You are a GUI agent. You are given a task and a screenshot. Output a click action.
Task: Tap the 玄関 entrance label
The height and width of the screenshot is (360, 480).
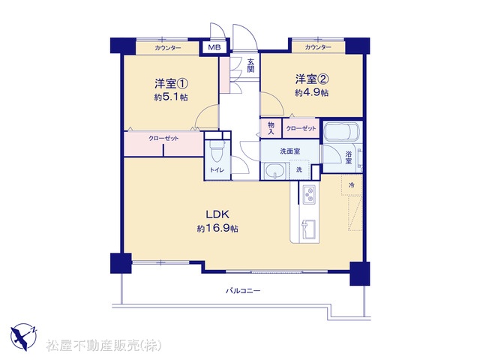pos(250,65)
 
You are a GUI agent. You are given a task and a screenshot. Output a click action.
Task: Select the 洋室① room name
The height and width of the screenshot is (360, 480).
pos(171,83)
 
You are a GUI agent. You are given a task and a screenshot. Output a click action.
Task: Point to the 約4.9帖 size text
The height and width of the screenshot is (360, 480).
pos(312,92)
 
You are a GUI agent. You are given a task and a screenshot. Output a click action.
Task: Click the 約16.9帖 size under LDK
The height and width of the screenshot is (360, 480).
pos(217,228)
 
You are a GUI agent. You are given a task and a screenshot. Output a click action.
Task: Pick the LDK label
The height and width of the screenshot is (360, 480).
pos(217,214)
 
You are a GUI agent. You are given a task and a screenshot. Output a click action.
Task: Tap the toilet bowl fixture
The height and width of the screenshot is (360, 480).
pos(217,151)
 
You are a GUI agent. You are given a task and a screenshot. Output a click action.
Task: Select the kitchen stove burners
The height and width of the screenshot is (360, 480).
pos(310,194)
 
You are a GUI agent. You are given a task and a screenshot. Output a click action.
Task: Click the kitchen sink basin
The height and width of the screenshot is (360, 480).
pos(308,229)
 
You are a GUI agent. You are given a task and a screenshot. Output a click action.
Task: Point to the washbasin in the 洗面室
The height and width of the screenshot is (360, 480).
pos(274,171)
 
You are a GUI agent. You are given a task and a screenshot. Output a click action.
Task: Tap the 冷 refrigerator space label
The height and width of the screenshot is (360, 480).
pos(352,185)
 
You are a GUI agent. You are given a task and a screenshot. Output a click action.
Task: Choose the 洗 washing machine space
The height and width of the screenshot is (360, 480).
pos(299,169)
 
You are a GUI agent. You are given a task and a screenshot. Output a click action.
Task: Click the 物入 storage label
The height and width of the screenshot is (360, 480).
pos(271,128)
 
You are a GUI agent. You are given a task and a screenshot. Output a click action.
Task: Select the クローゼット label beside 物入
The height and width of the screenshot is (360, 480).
pos(301,128)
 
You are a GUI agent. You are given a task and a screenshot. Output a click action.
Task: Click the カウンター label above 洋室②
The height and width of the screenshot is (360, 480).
pos(318,47)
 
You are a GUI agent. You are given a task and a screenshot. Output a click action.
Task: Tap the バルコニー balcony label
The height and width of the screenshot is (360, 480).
pos(243,290)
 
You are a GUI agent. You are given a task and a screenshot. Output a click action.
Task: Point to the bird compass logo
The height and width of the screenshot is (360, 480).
pos(24,337)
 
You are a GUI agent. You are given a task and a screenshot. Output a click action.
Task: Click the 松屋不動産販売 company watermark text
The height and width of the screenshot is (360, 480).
pos(104,345)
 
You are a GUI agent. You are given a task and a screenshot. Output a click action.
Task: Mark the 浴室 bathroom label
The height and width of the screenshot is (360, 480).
pos(348,157)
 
